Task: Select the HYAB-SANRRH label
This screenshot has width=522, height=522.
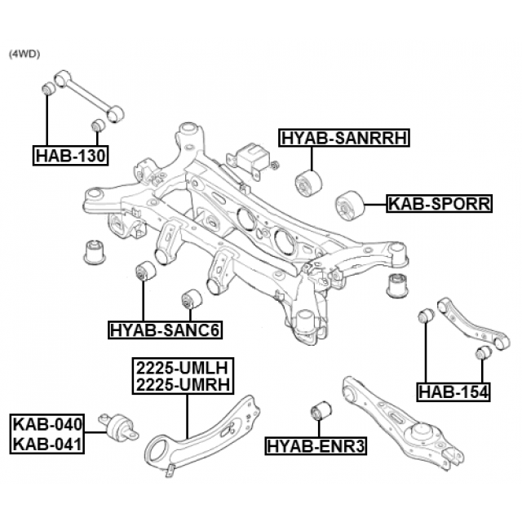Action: click(343, 138)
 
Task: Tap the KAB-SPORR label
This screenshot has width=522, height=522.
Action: click(439, 203)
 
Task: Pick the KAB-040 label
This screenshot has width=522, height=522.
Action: click(47, 424)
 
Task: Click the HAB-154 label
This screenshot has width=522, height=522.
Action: click(453, 392)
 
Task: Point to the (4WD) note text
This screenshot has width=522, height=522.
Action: click(24, 54)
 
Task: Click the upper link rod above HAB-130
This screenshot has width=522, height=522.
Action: click(84, 98)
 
